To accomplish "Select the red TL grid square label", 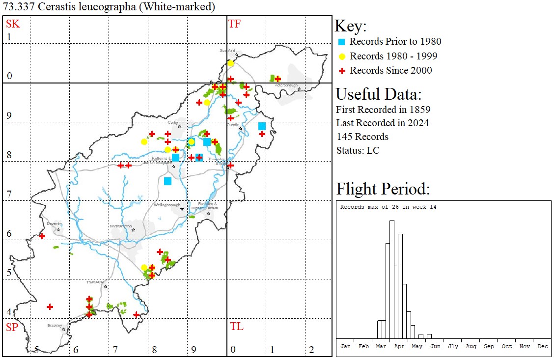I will coord(236,327).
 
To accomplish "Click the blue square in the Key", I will coord(342,42).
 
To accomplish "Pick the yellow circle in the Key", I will coord(342,56).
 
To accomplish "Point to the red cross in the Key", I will coord(342,71).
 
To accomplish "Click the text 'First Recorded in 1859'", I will coord(376,109).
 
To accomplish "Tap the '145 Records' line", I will coord(362,137).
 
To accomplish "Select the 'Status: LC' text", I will coord(358,150).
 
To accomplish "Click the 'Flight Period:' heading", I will coord(383,189).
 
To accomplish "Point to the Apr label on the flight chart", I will coord(399,346).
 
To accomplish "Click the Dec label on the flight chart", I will coord(543,346).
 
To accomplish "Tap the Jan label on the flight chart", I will coord(346,346).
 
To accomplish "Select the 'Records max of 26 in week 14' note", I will coord(388,207).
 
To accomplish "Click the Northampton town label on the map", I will coord(120,226).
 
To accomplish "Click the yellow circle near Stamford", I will coord(230,63).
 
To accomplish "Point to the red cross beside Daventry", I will coord(42,236).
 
